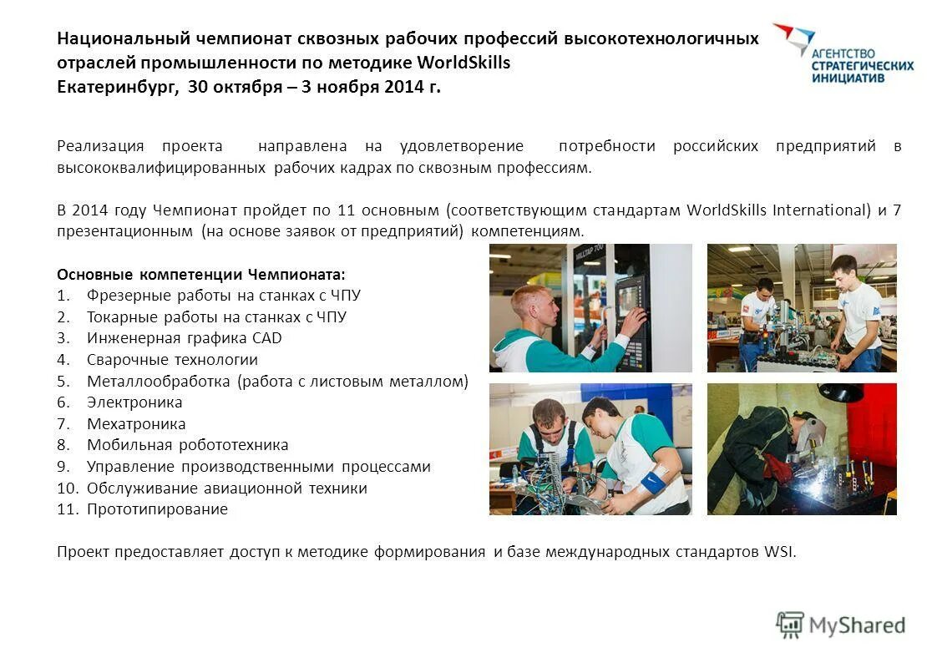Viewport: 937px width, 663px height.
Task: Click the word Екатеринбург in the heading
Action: coord(116,87)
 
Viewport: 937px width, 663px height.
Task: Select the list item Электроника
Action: coord(134,402)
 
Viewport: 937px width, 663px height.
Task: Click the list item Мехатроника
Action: coord(136,424)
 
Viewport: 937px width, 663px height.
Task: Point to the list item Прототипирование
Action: coord(157,509)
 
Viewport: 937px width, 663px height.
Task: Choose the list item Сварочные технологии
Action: coord(172,360)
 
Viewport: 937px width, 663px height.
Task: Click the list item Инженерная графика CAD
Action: coord(184,338)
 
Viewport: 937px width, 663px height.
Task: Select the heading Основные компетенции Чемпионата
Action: coord(200,274)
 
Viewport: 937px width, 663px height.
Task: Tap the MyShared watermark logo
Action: coord(841,625)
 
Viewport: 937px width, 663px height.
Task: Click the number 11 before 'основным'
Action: coord(348,210)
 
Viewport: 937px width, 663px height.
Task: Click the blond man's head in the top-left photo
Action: coord(532,306)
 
